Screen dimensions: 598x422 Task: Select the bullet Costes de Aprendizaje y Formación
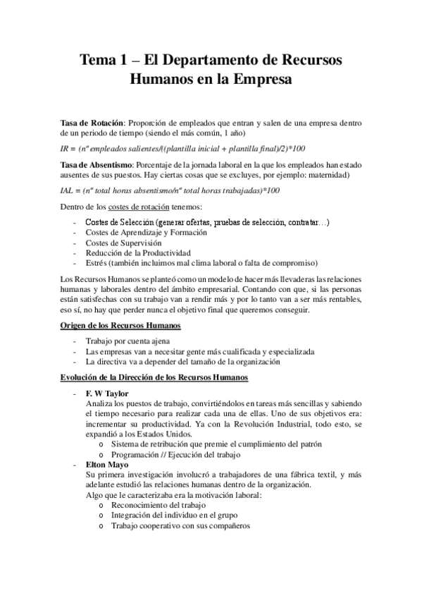click(146, 232)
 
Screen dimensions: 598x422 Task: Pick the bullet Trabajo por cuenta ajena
click(119, 341)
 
